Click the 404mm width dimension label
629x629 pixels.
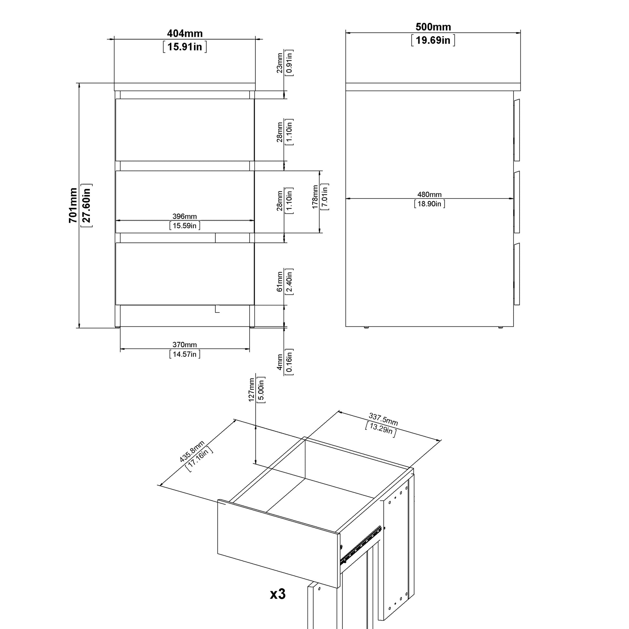pos(185,34)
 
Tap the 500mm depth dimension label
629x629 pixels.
pos(433,27)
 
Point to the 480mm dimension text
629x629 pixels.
pos(430,195)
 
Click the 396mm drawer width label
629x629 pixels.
pos(184,217)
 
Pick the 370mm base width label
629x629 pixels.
pos(185,345)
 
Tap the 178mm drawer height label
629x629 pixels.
pos(315,197)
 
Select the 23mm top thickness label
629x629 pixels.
pos(280,63)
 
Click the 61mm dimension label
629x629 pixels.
pos(280,282)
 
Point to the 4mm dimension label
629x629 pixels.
pos(280,362)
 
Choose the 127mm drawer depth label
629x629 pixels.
pos(251,390)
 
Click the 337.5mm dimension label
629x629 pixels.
pos(383,419)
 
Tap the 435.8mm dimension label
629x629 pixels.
pos(192,451)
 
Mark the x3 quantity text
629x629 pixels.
pos(278,594)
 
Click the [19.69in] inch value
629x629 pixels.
pos(433,40)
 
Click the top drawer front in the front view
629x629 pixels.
pos(185,130)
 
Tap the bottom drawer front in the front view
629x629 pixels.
pos(185,274)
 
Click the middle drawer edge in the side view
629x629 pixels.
pos(517,202)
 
